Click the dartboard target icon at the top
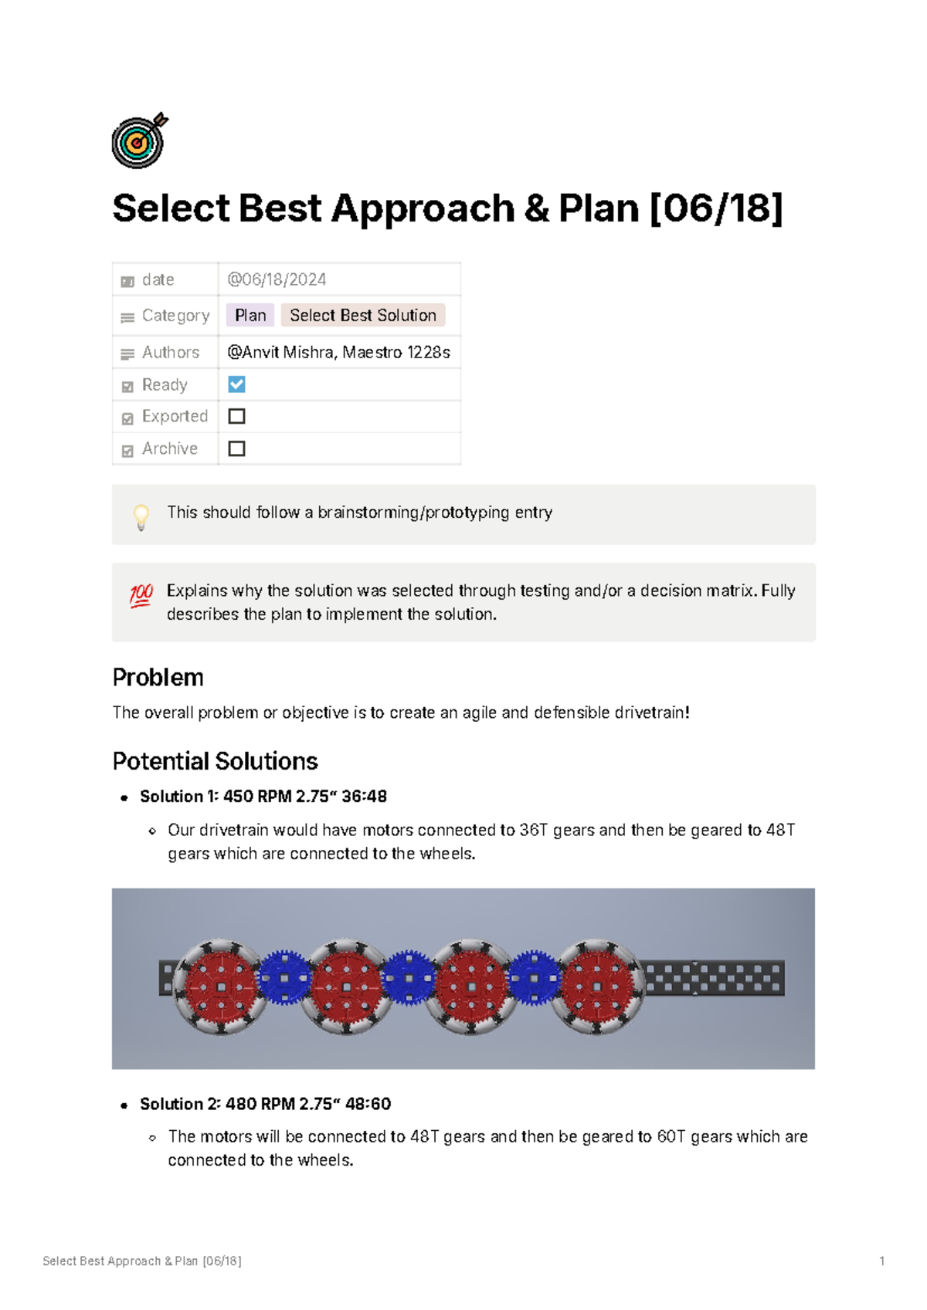coord(138,141)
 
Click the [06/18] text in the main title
coord(716,208)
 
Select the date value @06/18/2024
coord(277,279)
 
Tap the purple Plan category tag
coord(250,315)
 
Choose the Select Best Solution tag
coord(362,315)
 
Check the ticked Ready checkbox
coord(237,384)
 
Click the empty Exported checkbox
coord(237,416)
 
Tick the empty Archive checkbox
coord(237,449)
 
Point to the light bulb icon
coord(141,516)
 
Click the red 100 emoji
coord(141,595)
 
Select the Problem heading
coord(158,678)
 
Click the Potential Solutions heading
coord(215,761)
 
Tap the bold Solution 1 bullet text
coord(263,797)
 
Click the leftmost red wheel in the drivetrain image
coord(221,987)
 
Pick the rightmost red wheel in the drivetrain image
coord(596,987)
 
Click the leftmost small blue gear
coord(284,978)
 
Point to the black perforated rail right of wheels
coord(715,978)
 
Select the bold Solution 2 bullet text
coord(265,1104)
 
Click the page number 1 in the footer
coord(881,1261)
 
